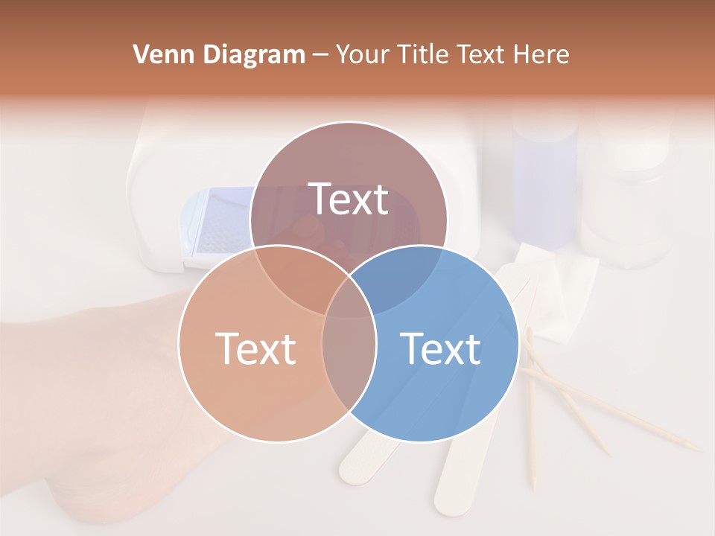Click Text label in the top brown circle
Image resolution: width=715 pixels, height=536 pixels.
tap(349, 200)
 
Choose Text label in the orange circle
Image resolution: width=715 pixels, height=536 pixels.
tap(255, 348)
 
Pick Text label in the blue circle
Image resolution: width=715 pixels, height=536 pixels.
tap(440, 348)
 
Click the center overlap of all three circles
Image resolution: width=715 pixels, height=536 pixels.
tap(349, 301)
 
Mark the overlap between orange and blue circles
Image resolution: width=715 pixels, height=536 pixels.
tap(349, 357)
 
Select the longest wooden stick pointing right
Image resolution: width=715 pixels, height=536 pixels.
tap(618, 409)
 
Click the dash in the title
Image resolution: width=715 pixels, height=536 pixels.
tap(320, 54)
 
